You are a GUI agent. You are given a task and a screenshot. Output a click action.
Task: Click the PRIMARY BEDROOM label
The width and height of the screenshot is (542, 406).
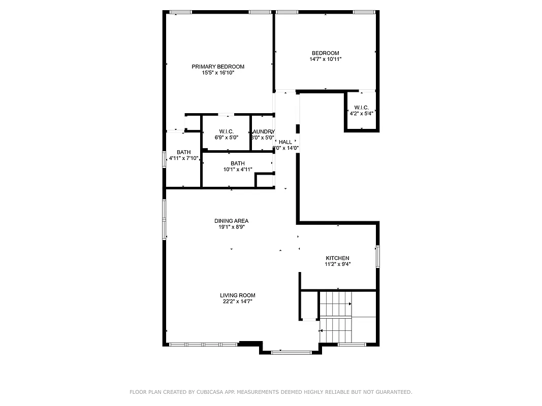218,66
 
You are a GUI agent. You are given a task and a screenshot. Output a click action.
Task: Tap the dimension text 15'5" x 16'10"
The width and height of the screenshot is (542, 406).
218,73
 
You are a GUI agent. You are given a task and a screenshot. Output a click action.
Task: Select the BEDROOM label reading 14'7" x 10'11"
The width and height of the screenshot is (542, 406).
325,53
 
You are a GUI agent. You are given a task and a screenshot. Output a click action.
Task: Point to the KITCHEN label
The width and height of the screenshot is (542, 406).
337,258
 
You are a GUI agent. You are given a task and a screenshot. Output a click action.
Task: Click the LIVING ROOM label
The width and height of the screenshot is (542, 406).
237,295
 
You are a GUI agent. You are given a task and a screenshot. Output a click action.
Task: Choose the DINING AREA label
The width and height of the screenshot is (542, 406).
231,221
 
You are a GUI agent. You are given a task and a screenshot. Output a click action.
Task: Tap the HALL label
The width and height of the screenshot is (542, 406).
285,142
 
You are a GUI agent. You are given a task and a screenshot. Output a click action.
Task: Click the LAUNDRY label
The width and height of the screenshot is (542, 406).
263,131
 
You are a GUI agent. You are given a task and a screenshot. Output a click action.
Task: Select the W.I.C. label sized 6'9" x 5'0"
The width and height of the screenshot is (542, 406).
226,131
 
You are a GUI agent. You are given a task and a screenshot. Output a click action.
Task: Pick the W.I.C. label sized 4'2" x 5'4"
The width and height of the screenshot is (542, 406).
361,107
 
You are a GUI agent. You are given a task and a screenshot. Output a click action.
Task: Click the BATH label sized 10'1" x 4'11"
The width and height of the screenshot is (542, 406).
237,163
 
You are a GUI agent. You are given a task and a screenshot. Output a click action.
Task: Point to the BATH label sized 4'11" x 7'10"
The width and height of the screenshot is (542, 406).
183,152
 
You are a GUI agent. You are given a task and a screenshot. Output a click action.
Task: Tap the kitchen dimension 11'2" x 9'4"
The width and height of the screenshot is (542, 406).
337,264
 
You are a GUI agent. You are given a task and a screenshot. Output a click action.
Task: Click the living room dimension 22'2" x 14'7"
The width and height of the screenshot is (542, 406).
237,301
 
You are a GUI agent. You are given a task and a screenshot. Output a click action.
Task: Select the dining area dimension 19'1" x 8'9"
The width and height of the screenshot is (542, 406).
231,227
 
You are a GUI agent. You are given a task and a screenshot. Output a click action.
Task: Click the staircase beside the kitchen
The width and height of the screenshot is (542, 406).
336,317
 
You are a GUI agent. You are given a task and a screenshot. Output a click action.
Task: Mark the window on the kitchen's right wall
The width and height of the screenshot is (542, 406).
377,256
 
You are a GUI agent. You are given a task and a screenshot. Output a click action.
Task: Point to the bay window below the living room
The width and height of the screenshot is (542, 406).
291,352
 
